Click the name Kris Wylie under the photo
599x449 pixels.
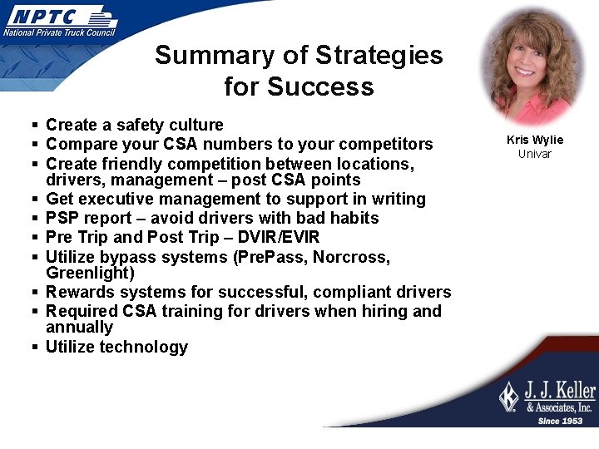point(535,140)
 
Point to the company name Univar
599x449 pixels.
point(535,154)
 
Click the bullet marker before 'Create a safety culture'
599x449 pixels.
point(36,126)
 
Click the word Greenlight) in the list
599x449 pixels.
point(90,273)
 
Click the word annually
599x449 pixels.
point(79,327)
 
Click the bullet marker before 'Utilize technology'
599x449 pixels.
point(36,348)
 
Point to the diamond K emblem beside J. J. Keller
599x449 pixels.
point(508,396)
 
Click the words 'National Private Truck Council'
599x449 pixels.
point(59,32)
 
